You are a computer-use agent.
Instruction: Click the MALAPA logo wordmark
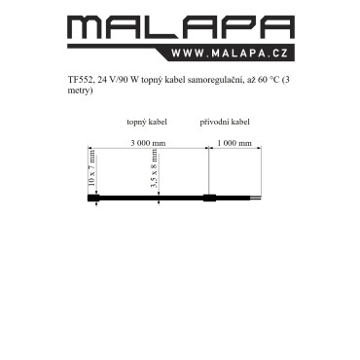pyautogui.click(x=181, y=27)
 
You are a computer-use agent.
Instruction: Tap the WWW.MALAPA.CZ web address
pyautogui.click(x=230, y=54)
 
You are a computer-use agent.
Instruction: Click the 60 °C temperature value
pyautogui.click(x=269, y=80)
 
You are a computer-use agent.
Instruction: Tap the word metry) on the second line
pyautogui.click(x=80, y=90)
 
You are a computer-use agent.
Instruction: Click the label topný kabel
pyautogui.click(x=147, y=122)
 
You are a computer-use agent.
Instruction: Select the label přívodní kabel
pyautogui.click(x=225, y=122)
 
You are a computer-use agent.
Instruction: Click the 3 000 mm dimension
pyautogui.click(x=148, y=143)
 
